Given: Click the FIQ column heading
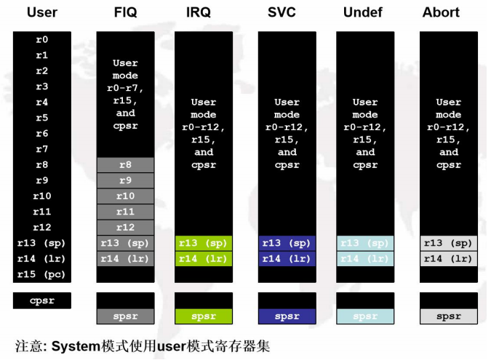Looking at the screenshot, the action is [125, 12].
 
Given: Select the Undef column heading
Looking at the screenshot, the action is [365, 12].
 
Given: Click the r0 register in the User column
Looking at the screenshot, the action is [41, 40].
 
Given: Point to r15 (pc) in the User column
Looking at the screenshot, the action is [41, 275].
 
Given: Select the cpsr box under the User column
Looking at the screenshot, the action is [41, 300].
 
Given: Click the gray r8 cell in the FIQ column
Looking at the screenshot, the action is [125, 165].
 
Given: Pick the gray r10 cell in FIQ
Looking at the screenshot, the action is [125, 196].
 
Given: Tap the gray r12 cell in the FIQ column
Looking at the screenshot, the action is [125, 228].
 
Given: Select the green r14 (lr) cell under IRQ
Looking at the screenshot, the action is [204, 259].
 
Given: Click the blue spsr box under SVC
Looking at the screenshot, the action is [287, 316].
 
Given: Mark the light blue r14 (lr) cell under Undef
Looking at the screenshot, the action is [365, 259].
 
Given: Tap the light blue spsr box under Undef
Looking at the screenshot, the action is [365, 316].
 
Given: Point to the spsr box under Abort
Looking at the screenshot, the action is [448, 316].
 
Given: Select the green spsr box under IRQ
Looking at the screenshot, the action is [204, 316].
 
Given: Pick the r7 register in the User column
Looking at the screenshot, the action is [41, 149].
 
